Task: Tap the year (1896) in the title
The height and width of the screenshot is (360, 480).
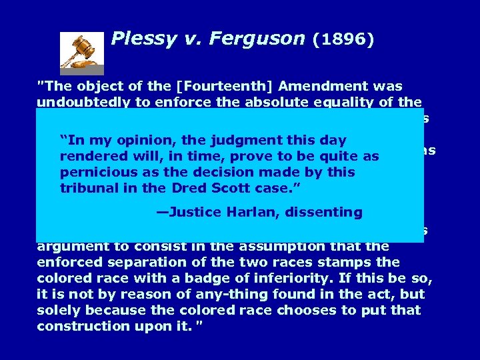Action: [343, 39]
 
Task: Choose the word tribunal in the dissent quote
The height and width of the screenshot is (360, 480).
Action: [88, 188]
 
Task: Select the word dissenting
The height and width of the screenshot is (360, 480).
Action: [327, 213]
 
